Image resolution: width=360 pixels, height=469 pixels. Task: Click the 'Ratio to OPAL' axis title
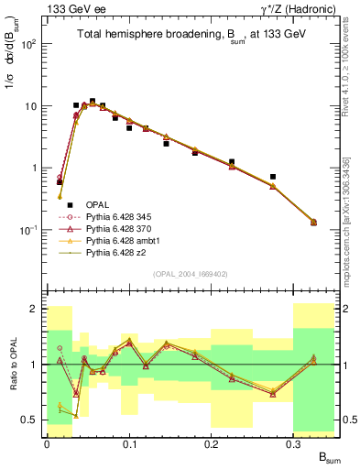click(11, 364)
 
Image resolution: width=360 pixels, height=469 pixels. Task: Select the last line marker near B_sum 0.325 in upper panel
click(314, 223)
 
